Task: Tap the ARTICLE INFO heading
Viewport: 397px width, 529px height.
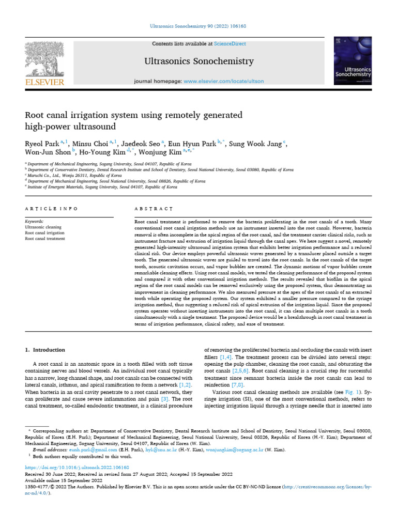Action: tap(52, 209)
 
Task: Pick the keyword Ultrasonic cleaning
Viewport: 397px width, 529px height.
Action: tap(43, 227)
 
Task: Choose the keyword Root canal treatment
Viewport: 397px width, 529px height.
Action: tap(45, 239)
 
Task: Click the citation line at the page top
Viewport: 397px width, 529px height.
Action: tap(198, 25)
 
